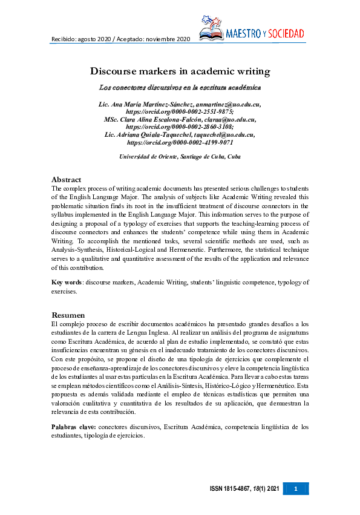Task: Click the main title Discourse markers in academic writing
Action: click(180, 71)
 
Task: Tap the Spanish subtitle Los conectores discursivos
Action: click(179, 87)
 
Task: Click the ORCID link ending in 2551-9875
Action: click(180, 112)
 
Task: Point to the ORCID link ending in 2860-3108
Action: click(180, 127)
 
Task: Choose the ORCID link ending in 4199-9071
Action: click(180, 143)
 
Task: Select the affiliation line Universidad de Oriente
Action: click(180, 157)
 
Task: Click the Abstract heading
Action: click(67, 180)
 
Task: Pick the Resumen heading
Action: click(68, 315)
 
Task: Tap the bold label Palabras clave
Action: click(73, 428)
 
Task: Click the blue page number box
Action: click(296, 488)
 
